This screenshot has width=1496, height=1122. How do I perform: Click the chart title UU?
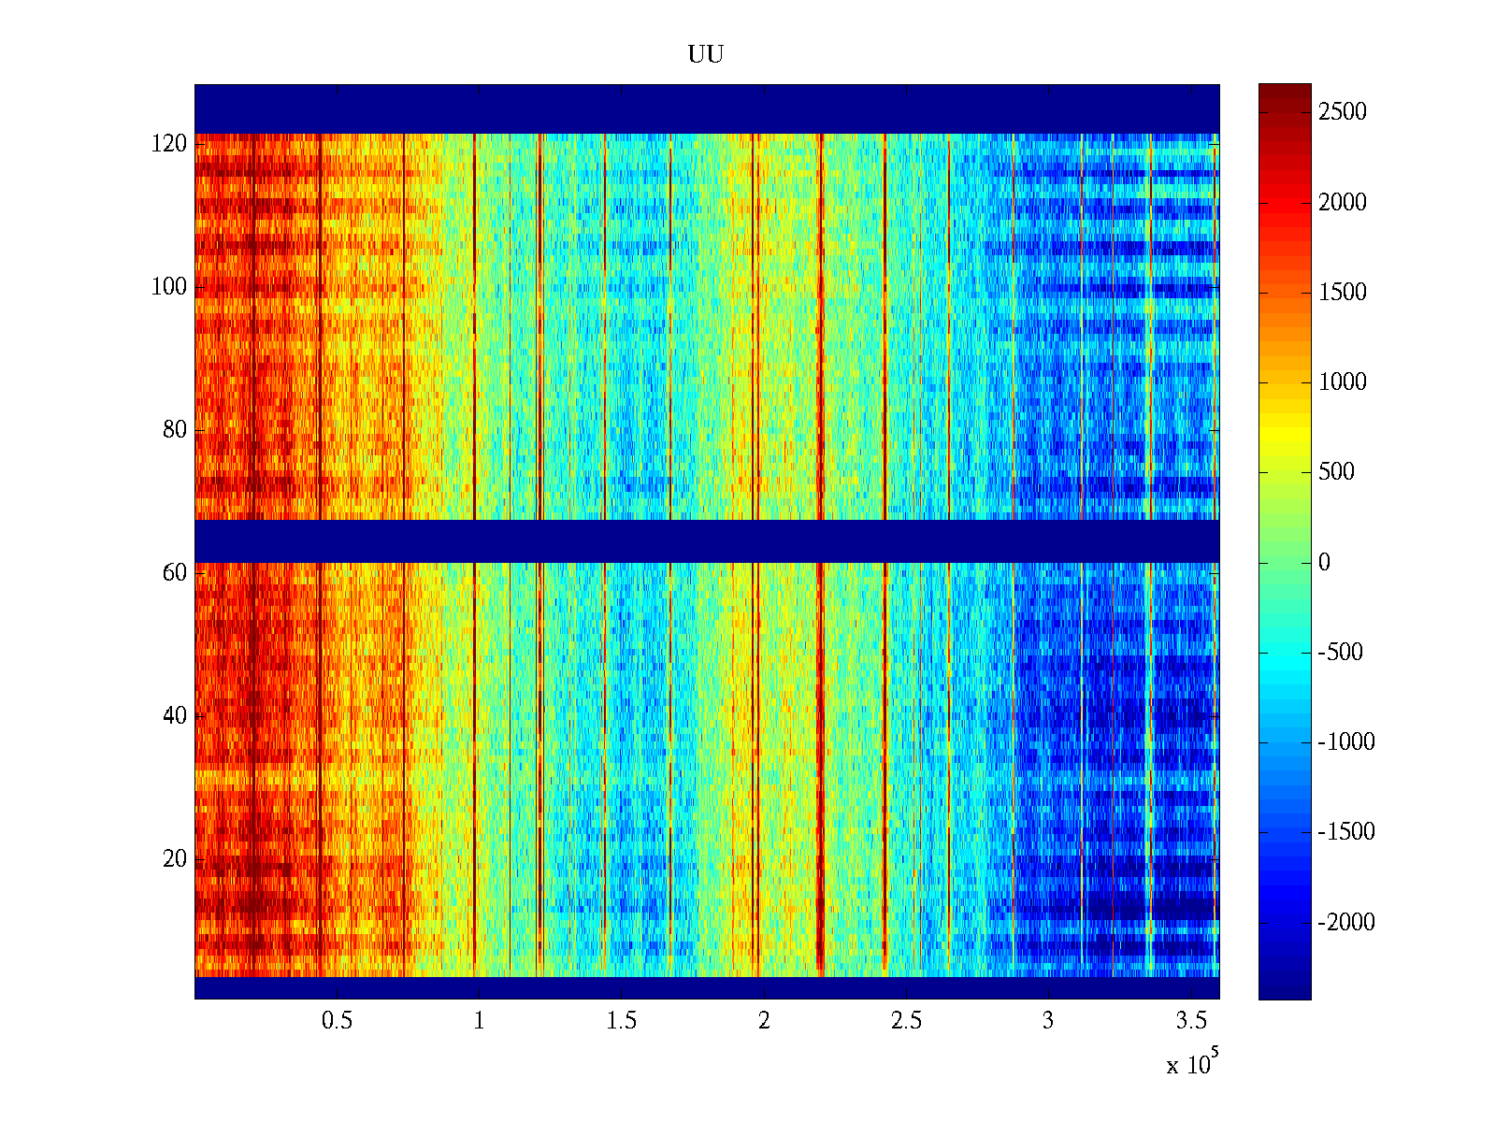[x=706, y=55]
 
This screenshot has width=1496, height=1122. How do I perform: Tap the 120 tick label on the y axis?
[x=169, y=144]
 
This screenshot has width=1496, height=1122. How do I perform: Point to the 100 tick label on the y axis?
[x=169, y=287]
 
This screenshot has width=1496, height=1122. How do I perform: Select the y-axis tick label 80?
[x=175, y=430]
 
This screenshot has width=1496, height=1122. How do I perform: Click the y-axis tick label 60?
[x=175, y=573]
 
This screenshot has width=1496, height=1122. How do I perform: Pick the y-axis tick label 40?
[x=175, y=716]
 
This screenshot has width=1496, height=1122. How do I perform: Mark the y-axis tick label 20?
[x=175, y=859]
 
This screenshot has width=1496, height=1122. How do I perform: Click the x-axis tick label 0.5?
[x=337, y=1021]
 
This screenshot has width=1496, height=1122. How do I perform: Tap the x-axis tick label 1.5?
[x=622, y=1021]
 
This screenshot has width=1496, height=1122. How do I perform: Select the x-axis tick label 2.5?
[x=906, y=1021]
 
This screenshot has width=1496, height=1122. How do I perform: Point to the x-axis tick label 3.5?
[x=1191, y=1021]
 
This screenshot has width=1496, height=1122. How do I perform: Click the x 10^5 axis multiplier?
[x=1192, y=1063]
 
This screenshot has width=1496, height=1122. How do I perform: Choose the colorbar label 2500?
[x=1343, y=112]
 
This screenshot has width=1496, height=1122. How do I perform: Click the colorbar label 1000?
[x=1343, y=381]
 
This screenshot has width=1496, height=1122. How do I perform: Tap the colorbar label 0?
[x=1324, y=562]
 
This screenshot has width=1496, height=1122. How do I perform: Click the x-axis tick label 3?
[x=1048, y=1021]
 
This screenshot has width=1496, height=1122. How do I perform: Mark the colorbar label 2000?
[x=1343, y=202]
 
